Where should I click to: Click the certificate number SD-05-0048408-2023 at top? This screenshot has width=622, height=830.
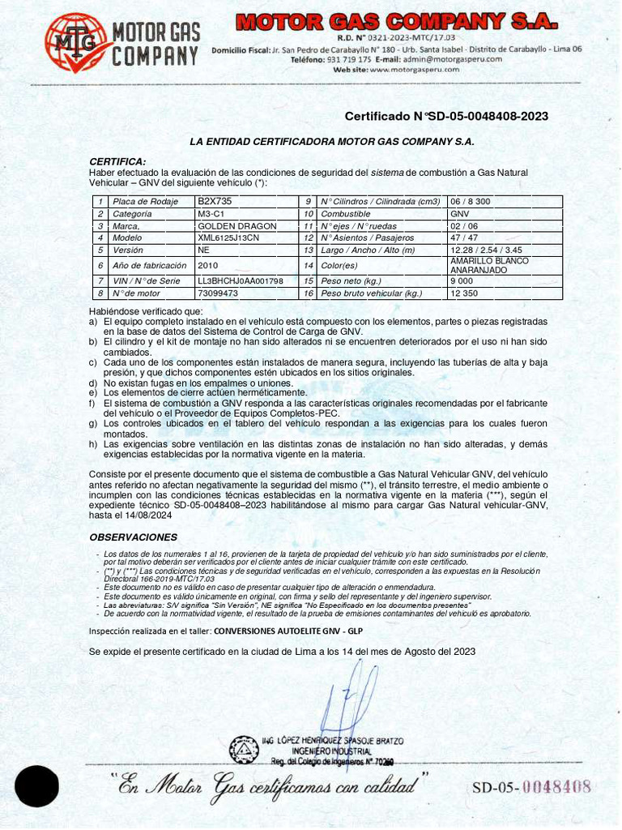pyautogui.click(x=446, y=117)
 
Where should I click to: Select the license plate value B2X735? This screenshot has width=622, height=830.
pyautogui.click(x=215, y=200)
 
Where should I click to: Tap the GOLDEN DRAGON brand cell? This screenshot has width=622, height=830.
pyautogui.click(x=237, y=225)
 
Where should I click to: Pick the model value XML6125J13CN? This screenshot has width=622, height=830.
pyautogui.click(x=228, y=237)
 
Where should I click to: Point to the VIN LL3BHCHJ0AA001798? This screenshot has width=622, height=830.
pyautogui.click(x=241, y=280)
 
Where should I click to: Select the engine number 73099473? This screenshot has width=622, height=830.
pyautogui.click(x=218, y=293)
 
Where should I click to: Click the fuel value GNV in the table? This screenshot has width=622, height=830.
pyautogui.click(x=460, y=213)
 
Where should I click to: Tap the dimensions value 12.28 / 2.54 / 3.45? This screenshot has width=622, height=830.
pyautogui.click(x=486, y=250)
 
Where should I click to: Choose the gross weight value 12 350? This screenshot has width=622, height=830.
pyautogui.click(x=466, y=293)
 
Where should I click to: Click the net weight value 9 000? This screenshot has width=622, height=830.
pyautogui.click(x=462, y=280)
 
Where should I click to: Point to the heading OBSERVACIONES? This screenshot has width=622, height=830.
pyautogui.click(x=133, y=537)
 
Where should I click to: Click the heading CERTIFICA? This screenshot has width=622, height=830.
pyautogui.click(x=117, y=161)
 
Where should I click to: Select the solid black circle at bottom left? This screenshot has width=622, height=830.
pyautogui.click(x=36, y=785)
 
